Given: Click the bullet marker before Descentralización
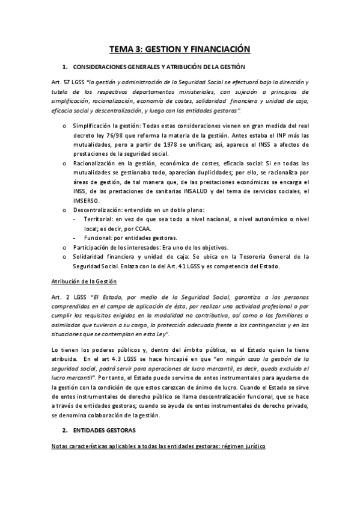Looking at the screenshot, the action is click(65, 210).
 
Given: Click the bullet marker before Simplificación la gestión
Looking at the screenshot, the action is click(65, 126).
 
